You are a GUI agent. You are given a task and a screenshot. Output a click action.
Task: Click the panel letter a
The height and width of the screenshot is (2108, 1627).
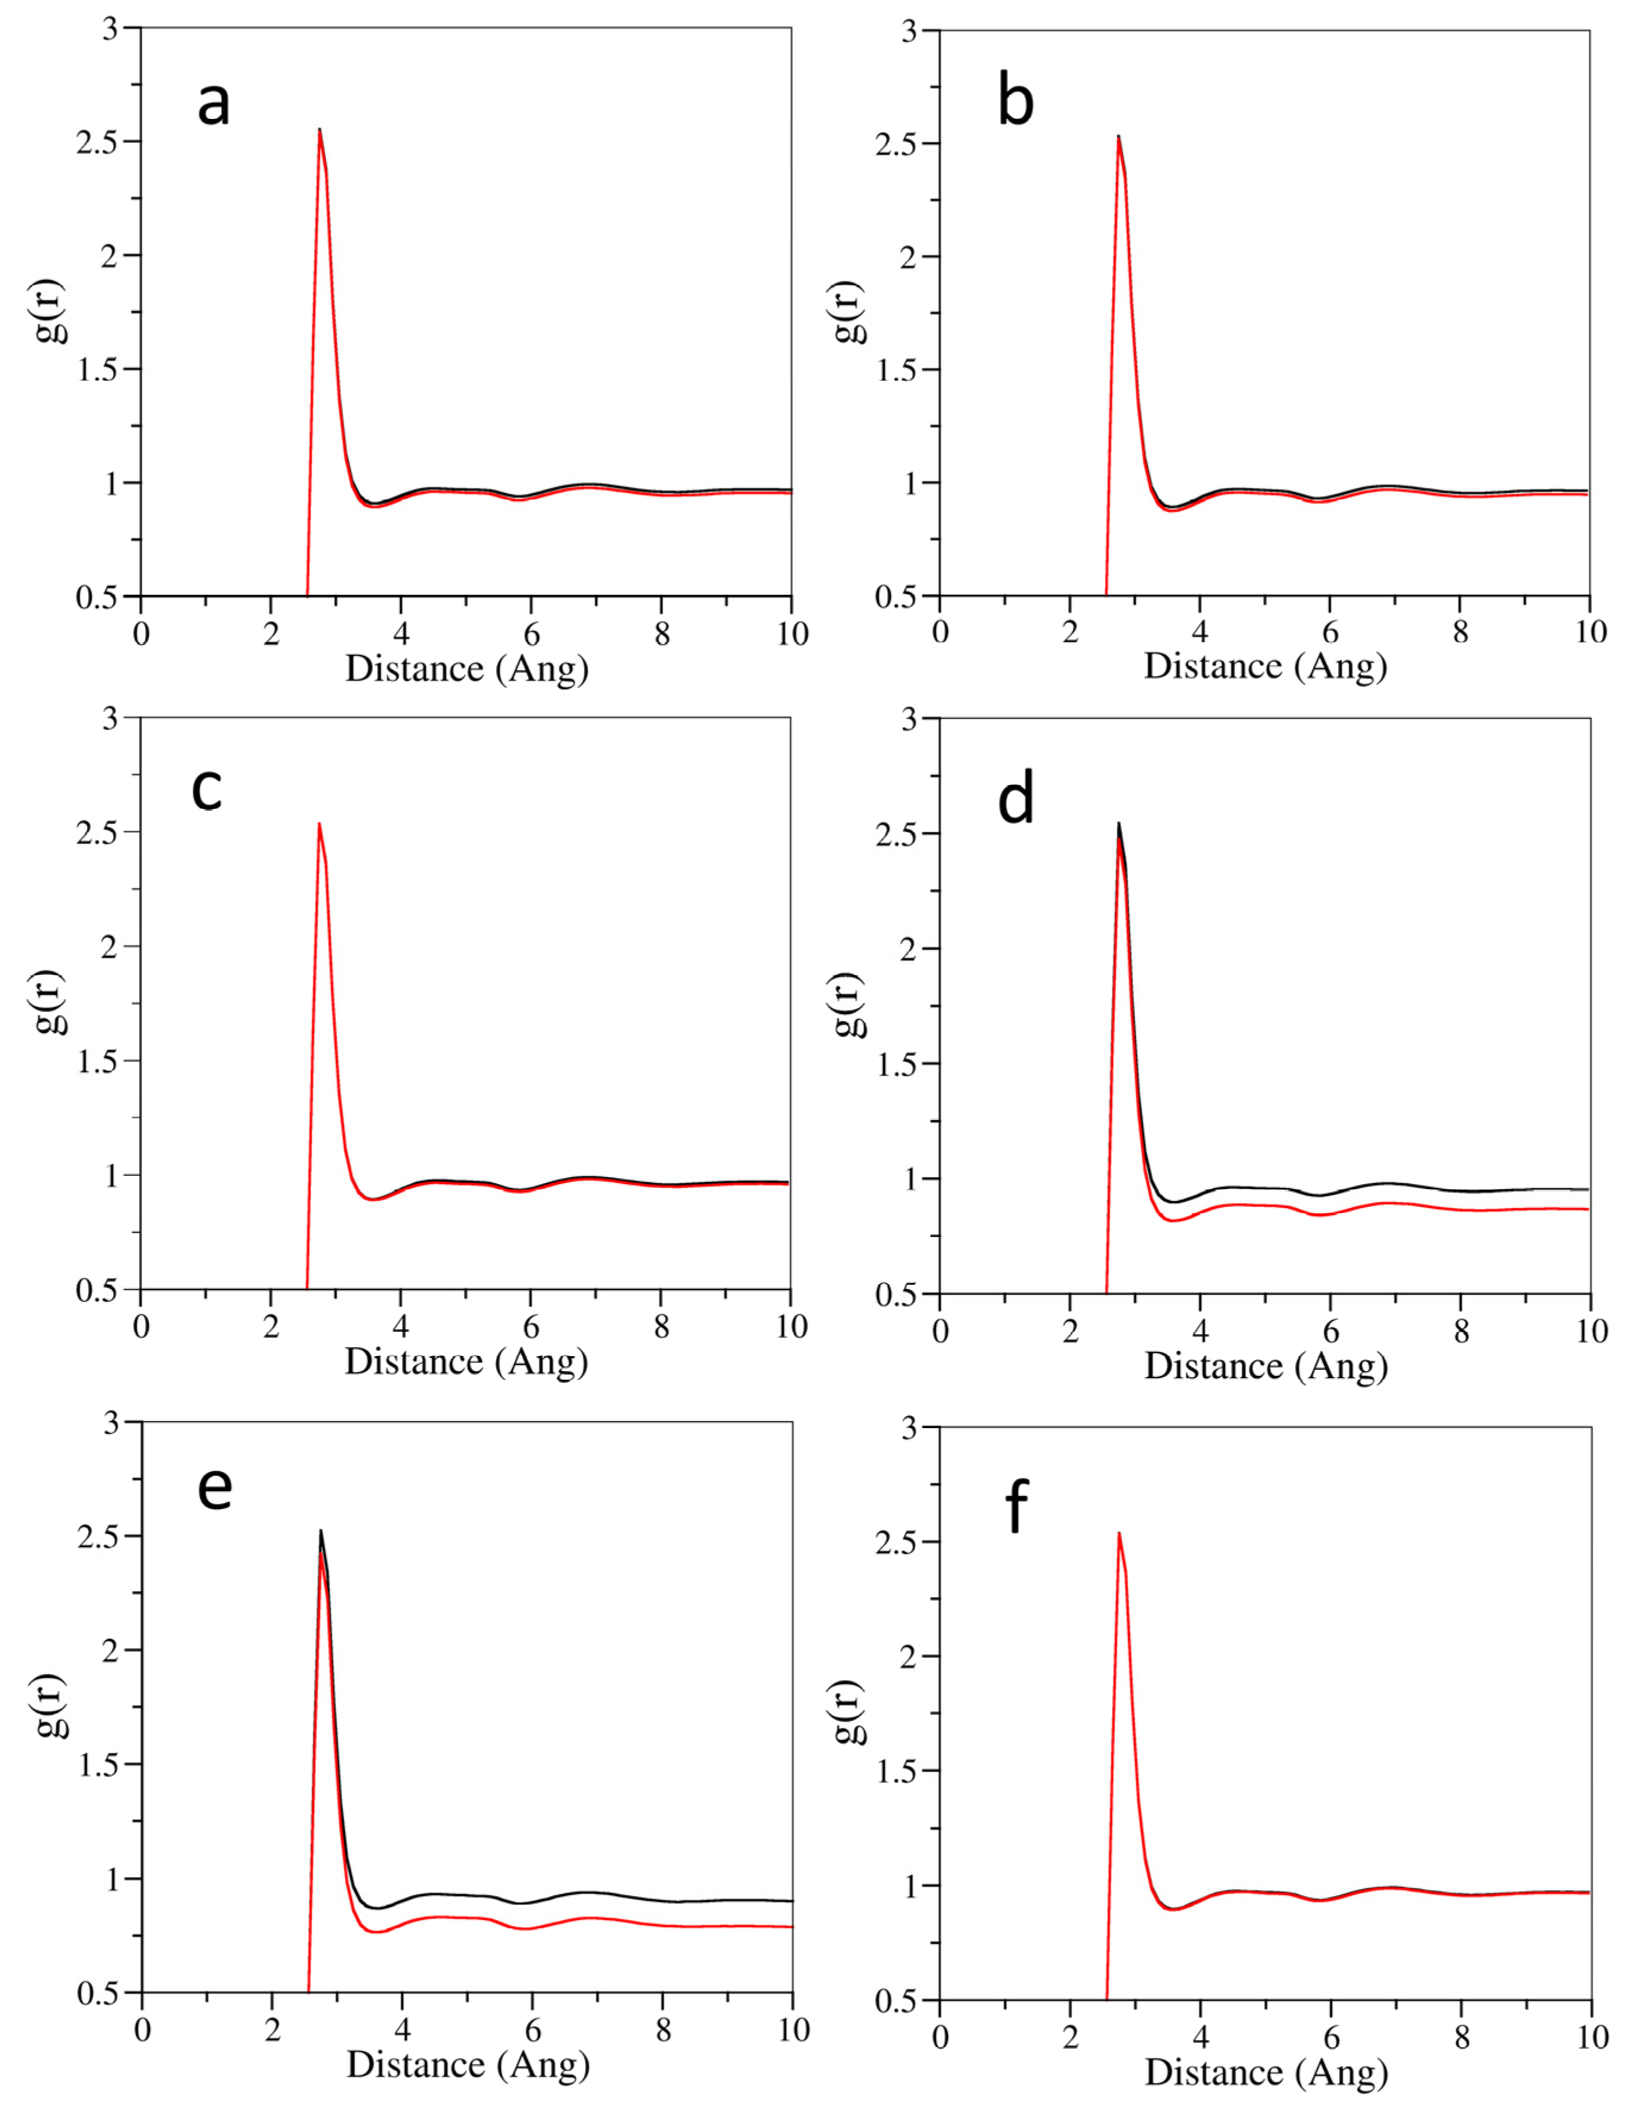point(213,104)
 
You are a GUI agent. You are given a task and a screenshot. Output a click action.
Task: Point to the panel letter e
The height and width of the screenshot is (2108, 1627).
point(214,1488)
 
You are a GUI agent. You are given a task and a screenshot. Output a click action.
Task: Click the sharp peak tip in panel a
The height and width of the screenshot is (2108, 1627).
point(319,129)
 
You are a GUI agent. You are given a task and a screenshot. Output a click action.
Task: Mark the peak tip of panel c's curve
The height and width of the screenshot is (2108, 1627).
point(319,823)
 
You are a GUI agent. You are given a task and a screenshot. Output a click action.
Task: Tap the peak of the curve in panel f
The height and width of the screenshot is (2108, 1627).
point(1119,1533)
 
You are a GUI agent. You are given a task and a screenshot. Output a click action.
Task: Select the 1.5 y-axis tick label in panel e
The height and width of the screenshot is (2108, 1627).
point(99,1764)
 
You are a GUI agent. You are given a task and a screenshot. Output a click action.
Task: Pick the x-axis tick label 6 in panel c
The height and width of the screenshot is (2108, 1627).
point(531,1326)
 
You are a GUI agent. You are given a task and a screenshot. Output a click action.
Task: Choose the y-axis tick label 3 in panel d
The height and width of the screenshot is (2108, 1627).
point(908,719)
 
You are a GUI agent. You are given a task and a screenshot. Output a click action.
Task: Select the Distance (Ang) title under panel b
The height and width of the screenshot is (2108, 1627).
point(1265,666)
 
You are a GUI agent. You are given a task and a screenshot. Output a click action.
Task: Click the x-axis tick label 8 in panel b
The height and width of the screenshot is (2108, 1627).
point(1460,632)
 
